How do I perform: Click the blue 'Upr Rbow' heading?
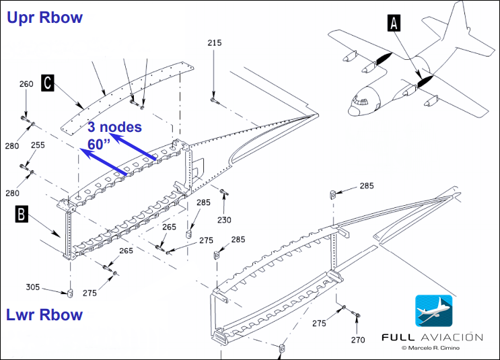pos(44,17)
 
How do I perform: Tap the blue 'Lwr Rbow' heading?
pos(44,314)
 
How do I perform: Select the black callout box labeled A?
pos(394,24)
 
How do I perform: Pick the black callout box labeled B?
pos(22,214)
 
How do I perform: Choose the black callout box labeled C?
pos(48,83)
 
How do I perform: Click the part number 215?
pos(214,42)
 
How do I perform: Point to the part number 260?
pos(26,84)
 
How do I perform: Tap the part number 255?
pos(38,145)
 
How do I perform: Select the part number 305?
pos(32,287)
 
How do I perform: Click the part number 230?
pos(224,219)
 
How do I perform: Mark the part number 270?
pos(358,340)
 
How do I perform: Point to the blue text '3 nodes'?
pos(115,127)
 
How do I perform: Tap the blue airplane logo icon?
pos(433,311)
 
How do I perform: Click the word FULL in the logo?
pos(398,337)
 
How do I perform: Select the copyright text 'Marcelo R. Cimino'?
pos(433,348)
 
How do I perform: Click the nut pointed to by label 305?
pos(71,293)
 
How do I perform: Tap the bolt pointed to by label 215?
pos(214,101)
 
